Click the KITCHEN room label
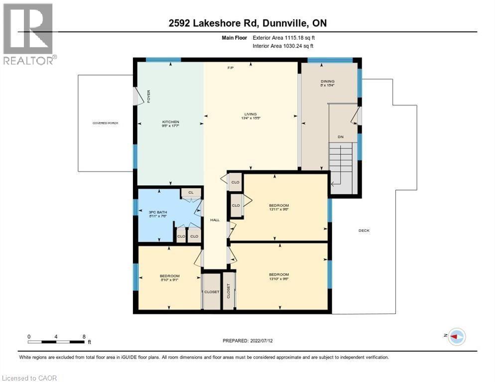point(170,122)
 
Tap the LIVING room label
point(250,114)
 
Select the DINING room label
point(328,82)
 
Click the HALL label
point(215,220)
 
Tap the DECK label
point(364,230)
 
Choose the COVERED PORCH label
point(105,123)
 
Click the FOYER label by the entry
point(148,96)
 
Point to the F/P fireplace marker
point(231,68)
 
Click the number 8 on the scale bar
point(84,337)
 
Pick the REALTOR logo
point(28,33)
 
